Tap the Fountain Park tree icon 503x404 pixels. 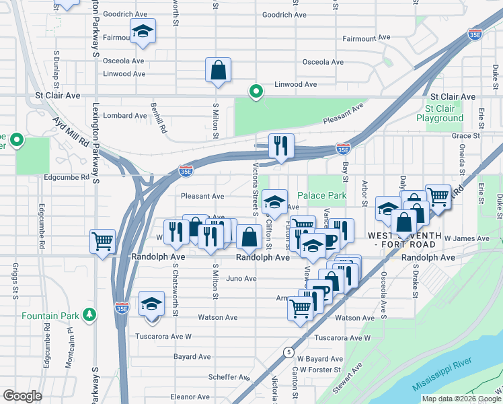(89, 314)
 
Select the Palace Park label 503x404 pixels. (321, 196)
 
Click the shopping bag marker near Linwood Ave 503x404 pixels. (219, 70)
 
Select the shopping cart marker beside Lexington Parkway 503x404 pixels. (102, 241)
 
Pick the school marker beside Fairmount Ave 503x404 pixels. (143, 32)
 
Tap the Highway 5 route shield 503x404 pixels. (288, 351)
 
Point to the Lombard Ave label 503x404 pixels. (125, 116)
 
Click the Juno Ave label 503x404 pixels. (241, 279)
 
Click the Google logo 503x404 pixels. (22, 396)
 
